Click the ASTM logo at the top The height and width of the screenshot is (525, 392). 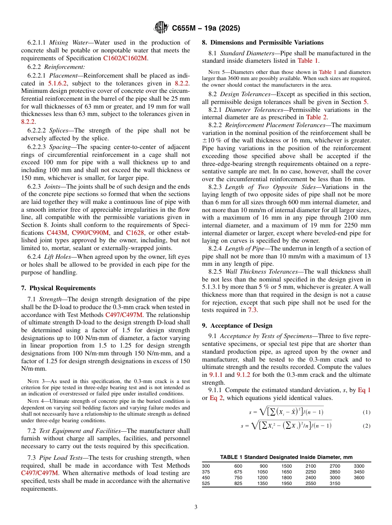point(161,28)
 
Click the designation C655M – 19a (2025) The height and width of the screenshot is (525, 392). point(205,28)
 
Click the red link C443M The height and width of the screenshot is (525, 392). point(57,233)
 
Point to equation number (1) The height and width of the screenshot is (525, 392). point(366,412)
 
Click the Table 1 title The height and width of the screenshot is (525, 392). point(286,457)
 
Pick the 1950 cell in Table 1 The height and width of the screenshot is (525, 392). point(286,483)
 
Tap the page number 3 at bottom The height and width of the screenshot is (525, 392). point(196,507)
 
